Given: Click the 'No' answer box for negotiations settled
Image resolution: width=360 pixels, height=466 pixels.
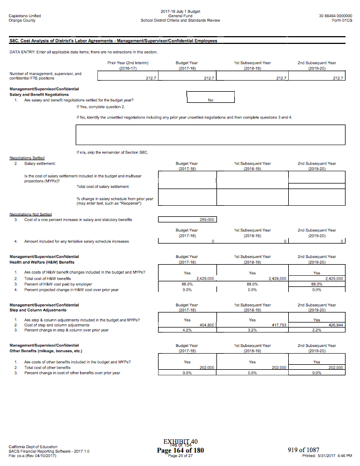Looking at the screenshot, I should [210, 100].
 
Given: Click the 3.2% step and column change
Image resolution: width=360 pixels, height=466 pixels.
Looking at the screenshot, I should [252, 330].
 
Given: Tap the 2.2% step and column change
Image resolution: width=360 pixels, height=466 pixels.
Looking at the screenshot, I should [317, 330].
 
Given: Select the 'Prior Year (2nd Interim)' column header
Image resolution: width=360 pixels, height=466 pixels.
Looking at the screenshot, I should [128, 63].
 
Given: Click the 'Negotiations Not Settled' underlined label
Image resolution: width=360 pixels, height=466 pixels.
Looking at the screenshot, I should [31, 214].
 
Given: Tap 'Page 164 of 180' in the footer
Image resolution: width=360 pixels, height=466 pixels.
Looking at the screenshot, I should [180, 450].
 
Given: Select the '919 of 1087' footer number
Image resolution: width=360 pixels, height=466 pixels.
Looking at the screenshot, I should [303, 449].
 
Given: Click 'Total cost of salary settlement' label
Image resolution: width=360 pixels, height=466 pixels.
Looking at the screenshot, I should [102, 186].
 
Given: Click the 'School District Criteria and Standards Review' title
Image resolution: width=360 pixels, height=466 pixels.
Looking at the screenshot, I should [180, 21].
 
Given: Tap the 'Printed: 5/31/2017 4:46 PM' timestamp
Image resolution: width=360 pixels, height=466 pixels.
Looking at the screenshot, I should [327, 455].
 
